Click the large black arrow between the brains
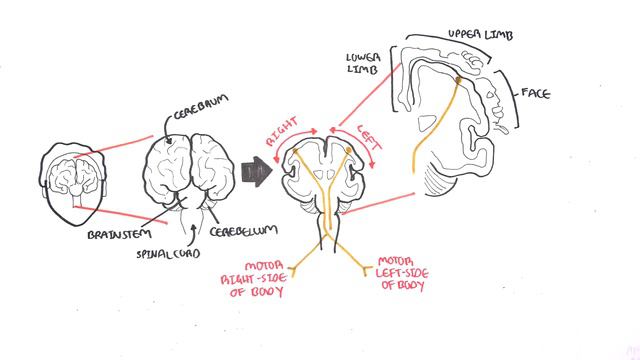pyautogui.click(x=259, y=170)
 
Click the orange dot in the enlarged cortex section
pyautogui.click(x=459, y=79)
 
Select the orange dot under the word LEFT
pyautogui.click(x=347, y=153)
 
